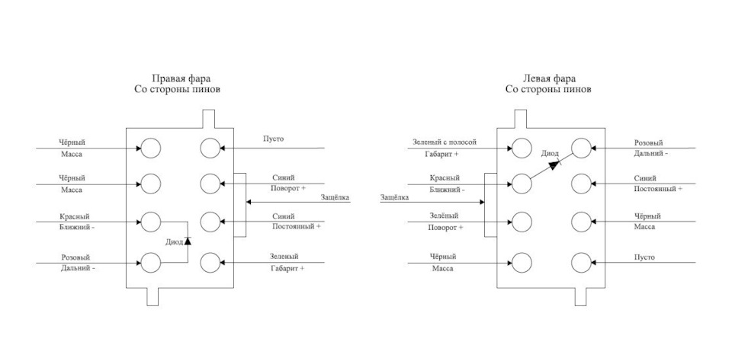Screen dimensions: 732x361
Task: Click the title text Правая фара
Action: tap(180, 78)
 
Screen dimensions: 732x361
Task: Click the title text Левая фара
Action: tap(549, 78)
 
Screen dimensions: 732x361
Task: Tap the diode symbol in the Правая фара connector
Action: tap(188, 241)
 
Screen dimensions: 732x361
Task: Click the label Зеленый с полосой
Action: tap(445, 142)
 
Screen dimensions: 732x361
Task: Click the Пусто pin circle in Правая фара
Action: tap(210, 149)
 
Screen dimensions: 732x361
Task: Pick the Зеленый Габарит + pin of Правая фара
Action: tap(210, 263)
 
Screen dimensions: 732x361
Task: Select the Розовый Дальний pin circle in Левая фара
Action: tap(581, 149)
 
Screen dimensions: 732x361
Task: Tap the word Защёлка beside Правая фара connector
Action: tap(335, 196)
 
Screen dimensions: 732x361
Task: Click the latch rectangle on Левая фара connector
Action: tap(490, 205)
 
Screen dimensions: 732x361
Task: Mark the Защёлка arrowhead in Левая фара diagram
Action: tap(482, 202)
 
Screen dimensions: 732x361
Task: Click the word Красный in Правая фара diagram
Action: tap(75, 217)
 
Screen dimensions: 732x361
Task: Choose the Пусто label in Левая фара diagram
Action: tap(644, 257)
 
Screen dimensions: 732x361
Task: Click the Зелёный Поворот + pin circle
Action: tap(522, 222)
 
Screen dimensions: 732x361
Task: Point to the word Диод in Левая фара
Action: tap(550, 153)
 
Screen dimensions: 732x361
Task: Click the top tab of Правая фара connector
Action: tap(209, 119)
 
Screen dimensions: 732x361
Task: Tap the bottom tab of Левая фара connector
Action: tap(580, 296)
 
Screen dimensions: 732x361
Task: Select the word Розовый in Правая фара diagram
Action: tap(75, 257)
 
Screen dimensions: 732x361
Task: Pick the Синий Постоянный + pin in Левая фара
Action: tap(581, 184)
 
